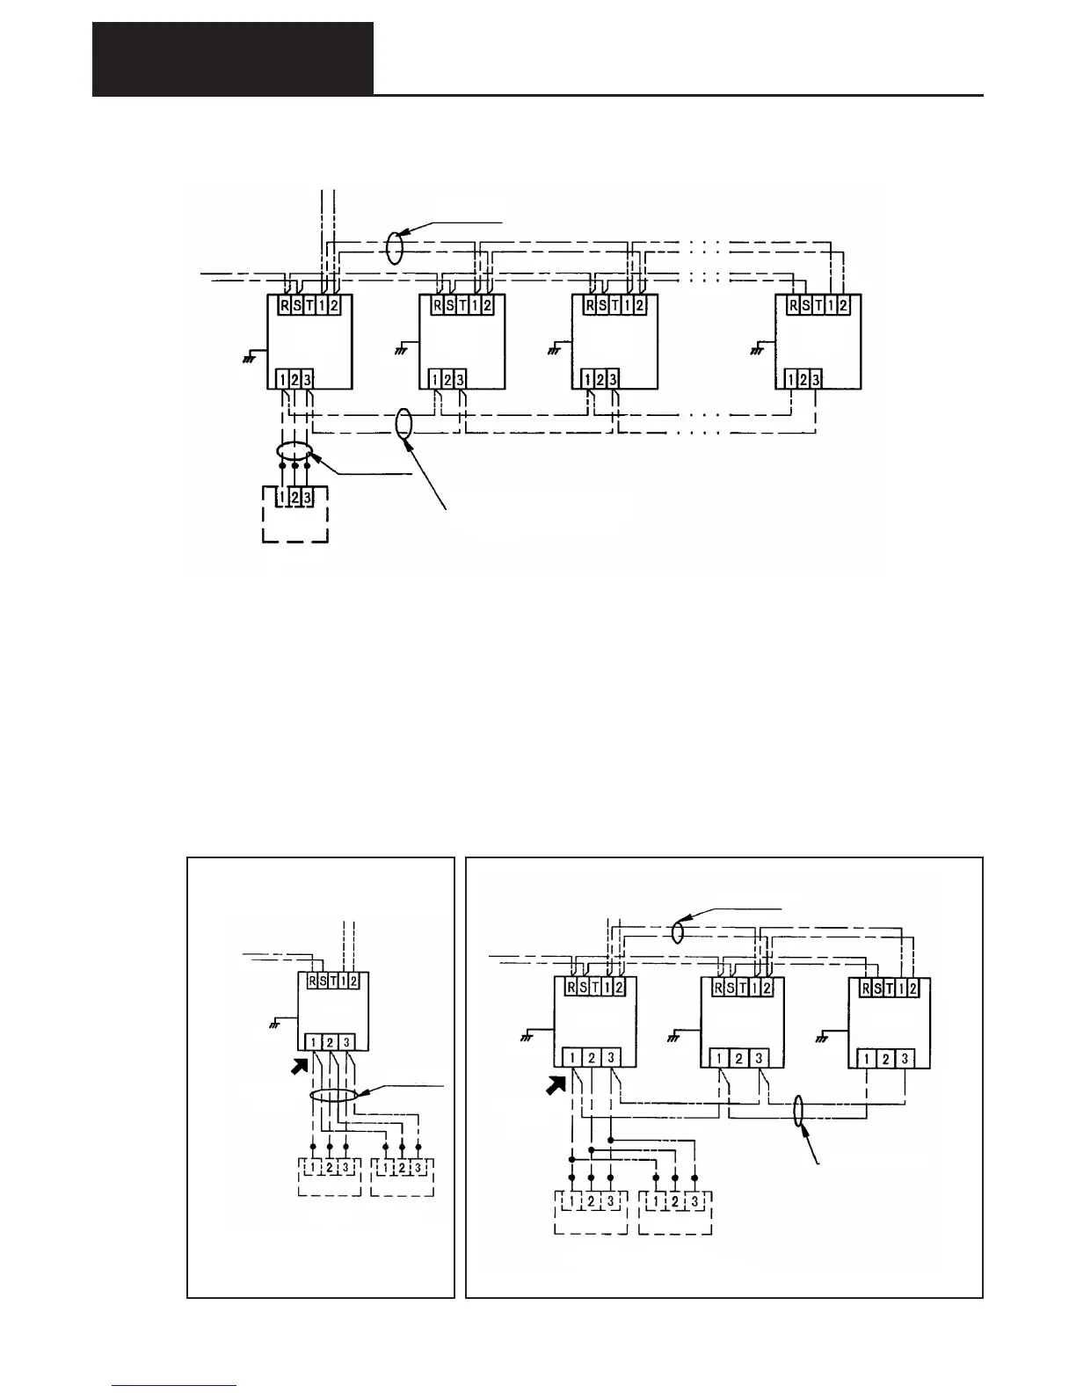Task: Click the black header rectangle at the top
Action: [x=233, y=59]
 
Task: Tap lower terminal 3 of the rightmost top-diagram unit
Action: [x=816, y=380]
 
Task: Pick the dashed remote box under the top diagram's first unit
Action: [x=295, y=514]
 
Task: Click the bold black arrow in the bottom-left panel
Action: [x=300, y=1068]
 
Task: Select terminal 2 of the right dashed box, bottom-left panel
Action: [x=403, y=1169]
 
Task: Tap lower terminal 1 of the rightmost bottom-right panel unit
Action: [x=867, y=1058]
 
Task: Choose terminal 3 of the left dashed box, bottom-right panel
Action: [x=610, y=1202]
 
